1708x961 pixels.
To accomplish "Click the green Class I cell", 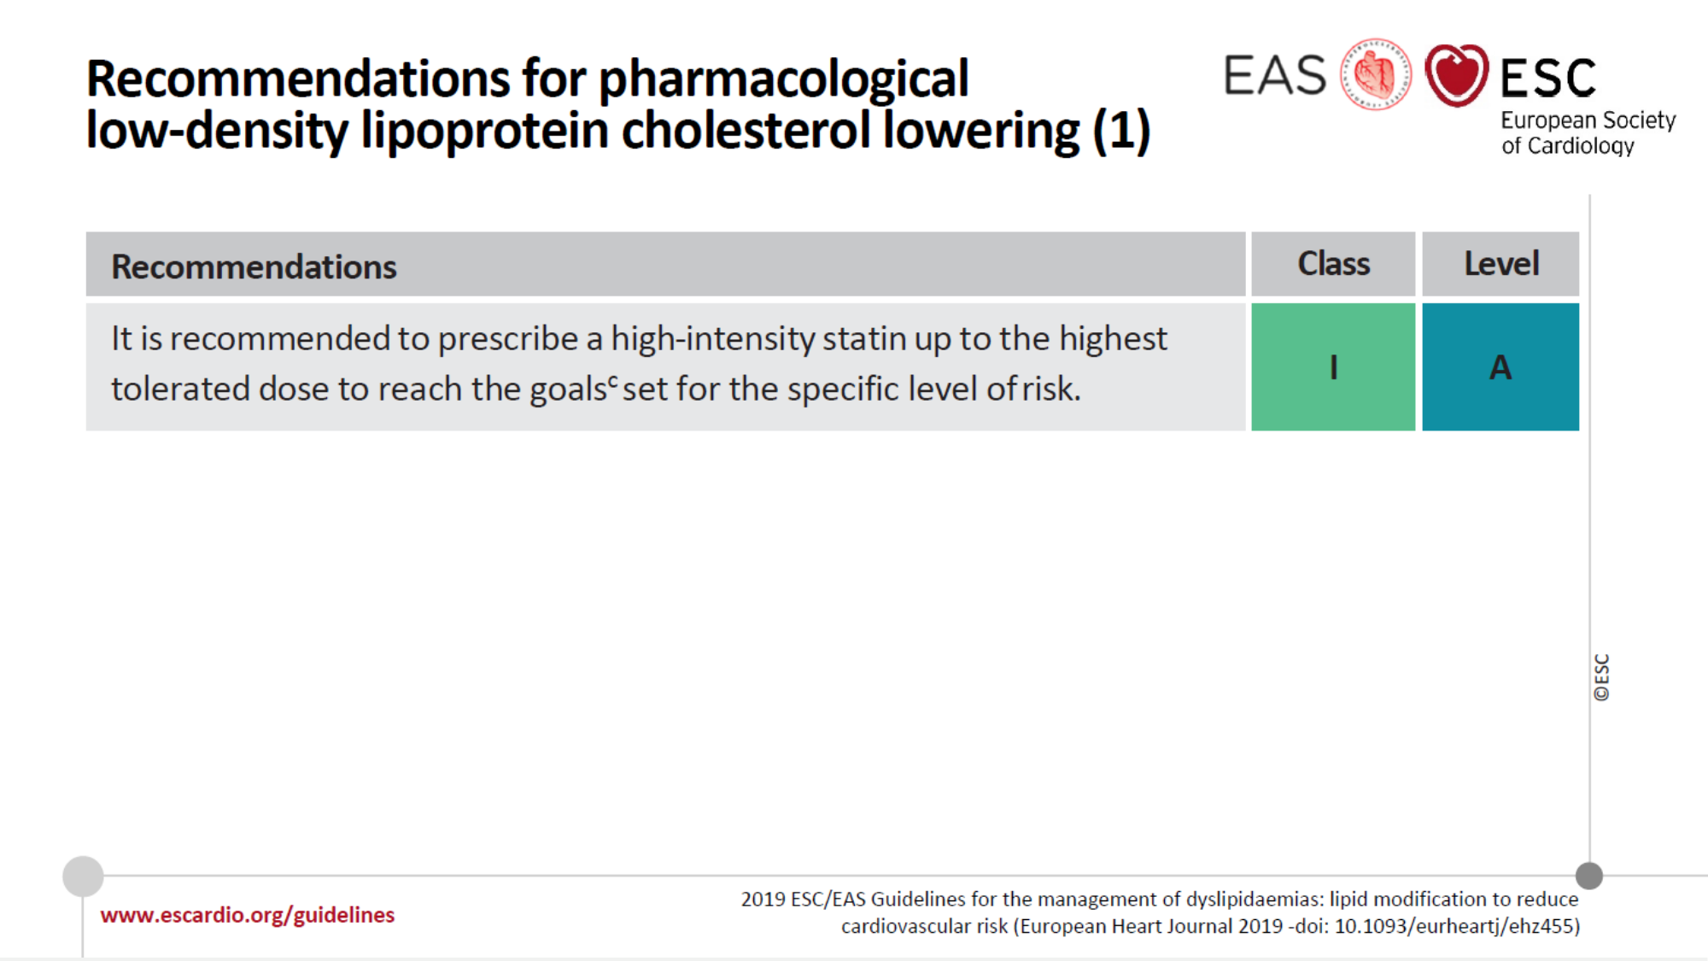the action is (1333, 366).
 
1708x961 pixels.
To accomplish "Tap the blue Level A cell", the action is (1500, 366).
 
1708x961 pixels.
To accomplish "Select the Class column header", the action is (1333, 264).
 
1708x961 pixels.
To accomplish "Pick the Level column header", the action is (1500, 264).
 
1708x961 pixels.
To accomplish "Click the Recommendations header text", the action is (254, 267).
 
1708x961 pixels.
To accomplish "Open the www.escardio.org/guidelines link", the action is (248, 915).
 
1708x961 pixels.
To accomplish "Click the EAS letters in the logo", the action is (1275, 75).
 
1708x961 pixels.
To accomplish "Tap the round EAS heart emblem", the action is (1376, 74).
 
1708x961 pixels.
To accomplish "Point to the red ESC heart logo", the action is (1457, 75).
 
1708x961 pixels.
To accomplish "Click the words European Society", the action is (1588, 120).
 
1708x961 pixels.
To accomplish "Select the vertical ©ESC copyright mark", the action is (1602, 677).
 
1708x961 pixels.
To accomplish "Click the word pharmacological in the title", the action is (783, 79).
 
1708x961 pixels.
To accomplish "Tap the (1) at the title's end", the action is (1121, 131).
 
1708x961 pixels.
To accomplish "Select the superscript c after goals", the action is (612, 381).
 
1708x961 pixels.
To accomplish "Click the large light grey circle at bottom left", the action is (83, 876).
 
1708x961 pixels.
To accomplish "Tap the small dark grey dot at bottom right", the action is (1589, 876).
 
